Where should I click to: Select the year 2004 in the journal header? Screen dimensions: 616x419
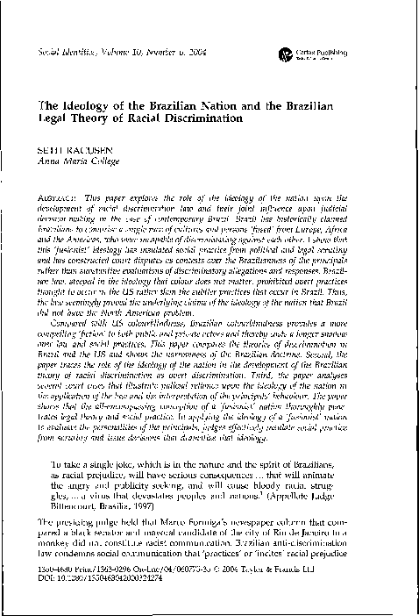pos(167,53)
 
